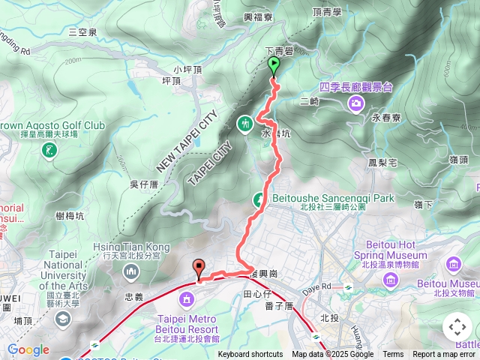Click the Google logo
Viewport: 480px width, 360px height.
[x=28, y=349]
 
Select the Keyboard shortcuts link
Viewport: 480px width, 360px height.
[x=251, y=355]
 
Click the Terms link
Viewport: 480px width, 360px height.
[x=393, y=355]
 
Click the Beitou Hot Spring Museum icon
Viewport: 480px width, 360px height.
[x=391, y=280]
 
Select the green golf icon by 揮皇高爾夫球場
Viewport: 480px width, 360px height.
[x=49, y=151]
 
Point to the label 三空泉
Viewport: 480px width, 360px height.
[x=82, y=32]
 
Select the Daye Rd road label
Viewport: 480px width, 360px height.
[x=316, y=286]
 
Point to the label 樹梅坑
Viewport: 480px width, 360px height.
[x=69, y=215]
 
